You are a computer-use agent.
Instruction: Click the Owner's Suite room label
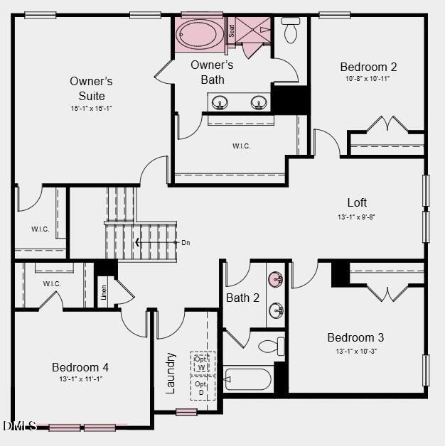[91, 88]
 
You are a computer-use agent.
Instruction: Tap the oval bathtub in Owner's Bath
[200, 33]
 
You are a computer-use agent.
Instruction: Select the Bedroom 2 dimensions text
[368, 79]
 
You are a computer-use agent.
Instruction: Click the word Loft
[357, 203]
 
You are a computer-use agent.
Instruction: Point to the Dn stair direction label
[186, 243]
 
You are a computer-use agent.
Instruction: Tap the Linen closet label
[104, 291]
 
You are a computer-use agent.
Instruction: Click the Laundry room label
[171, 372]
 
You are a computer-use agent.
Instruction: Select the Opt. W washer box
[202, 363]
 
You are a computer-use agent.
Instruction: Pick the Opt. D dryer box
[202, 388]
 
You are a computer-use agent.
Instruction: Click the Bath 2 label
[242, 298]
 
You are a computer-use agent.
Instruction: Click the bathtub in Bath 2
[247, 379]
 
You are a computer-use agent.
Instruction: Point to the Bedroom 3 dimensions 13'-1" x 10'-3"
[355, 351]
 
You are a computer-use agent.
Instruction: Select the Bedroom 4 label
[80, 367]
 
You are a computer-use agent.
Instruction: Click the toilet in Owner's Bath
[291, 30]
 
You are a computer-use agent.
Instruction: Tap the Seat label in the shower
[232, 31]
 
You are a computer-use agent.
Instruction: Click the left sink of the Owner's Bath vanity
[220, 104]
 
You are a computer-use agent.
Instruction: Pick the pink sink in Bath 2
[276, 278]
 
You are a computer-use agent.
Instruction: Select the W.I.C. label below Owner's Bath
[241, 146]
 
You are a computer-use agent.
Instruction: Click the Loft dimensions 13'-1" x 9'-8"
[356, 217]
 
